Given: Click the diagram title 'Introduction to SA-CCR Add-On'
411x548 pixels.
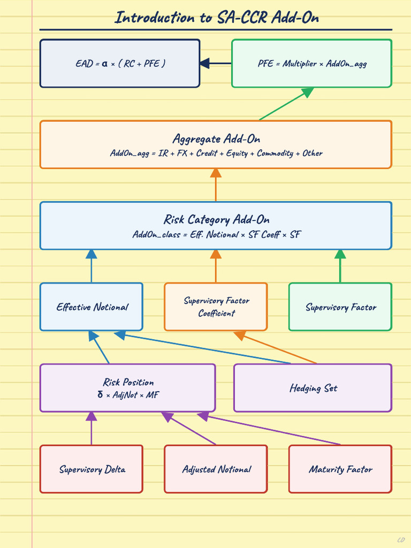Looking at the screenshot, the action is tap(217, 18).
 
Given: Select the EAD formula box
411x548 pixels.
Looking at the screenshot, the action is tap(120, 63).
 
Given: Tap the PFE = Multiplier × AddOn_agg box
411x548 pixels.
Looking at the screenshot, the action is tap(312, 63).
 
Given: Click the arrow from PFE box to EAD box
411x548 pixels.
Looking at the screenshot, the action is tap(215, 63).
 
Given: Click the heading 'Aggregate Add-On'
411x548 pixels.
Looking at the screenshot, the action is tap(216, 139).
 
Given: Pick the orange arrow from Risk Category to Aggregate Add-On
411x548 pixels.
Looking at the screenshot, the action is tap(216, 185).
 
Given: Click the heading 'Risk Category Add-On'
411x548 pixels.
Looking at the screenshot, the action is tap(216, 219).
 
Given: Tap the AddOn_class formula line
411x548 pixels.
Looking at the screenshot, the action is tap(216, 234).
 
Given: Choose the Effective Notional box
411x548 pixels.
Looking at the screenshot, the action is tap(92, 307).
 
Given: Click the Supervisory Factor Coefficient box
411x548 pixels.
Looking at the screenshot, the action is tap(216, 307).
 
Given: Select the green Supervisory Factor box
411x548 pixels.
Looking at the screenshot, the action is tap(340, 307).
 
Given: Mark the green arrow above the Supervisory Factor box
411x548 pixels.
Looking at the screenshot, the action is tap(340, 266).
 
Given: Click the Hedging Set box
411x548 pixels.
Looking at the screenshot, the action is tap(313, 388).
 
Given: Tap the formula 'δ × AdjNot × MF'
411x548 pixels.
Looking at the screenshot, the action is tap(128, 395).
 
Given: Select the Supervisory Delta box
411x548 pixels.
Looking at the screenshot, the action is tap(92, 469).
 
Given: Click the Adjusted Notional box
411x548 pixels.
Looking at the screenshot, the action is tap(216, 469).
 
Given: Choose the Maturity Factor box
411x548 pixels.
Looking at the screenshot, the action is tap(340, 469).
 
